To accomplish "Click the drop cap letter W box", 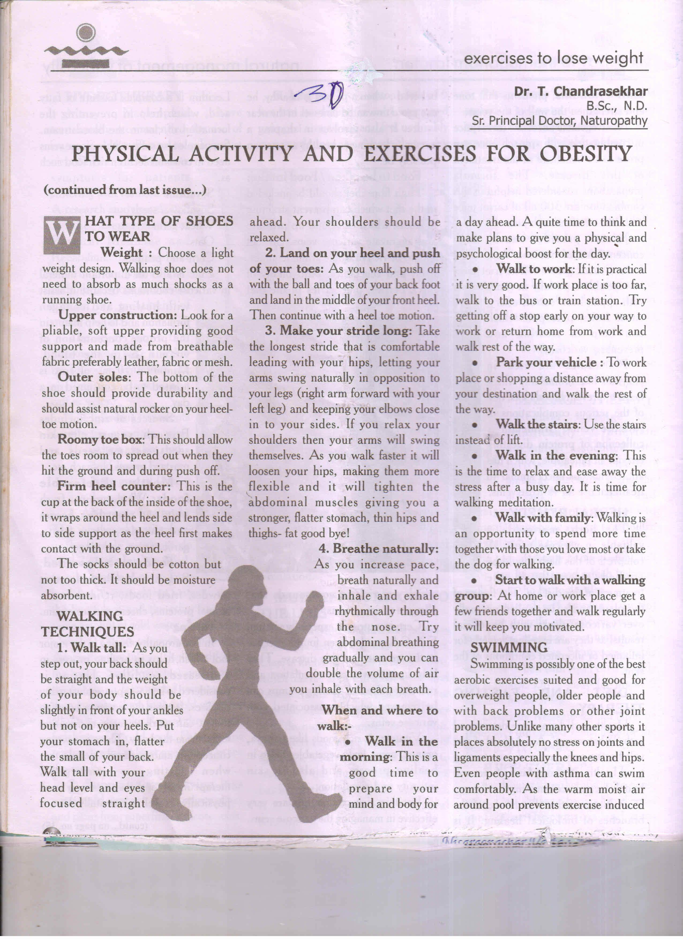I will click(62, 235).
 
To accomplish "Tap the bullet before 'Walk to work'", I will click(475, 269).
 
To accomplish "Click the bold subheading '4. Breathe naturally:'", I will click(378, 549).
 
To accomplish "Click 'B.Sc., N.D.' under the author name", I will click(616, 106).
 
